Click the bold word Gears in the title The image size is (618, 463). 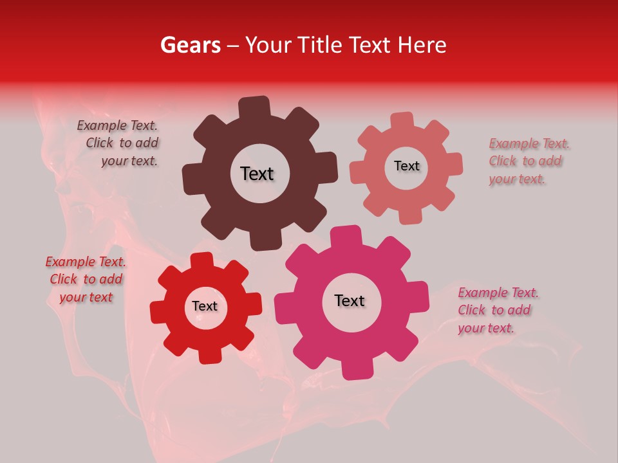pos(190,45)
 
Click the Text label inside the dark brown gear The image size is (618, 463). pos(257,174)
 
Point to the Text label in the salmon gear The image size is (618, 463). pos(406,166)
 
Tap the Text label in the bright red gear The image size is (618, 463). pos(205,306)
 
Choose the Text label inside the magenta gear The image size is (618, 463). pos(350,300)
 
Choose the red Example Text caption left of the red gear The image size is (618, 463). pos(86,279)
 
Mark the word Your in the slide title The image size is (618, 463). pos(266,45)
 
